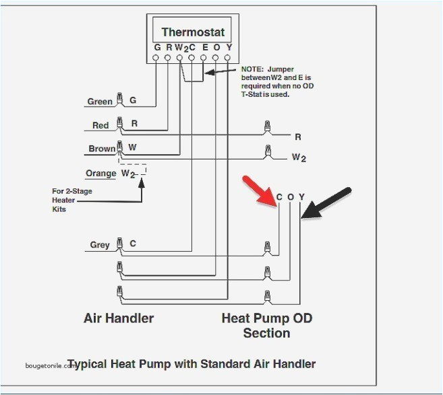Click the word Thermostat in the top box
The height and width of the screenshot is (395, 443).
[x=192, y=32]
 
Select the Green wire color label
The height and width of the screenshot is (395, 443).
[x=100, y=102]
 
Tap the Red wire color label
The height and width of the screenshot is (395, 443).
[x=100, y=126]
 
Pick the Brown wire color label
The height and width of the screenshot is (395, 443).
[x=101, y=149]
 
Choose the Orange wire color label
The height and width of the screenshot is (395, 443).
[x=100, y=174]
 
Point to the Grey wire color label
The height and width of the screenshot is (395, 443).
[x=99, y=245]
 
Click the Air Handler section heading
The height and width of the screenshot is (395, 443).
[x=119, y=318]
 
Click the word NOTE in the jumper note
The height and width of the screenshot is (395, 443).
[x=252, y=69]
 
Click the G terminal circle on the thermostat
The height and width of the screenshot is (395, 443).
[x=156, y=59]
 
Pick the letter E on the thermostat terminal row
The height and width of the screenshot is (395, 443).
[x=204, y=48]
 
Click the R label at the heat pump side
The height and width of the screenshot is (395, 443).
[x=297, y=137]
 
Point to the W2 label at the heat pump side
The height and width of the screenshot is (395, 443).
[x=298, y=158]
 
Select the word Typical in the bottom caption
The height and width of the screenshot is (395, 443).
[x=88, y=364]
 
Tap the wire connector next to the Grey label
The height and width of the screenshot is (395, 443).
[x=119, y=244]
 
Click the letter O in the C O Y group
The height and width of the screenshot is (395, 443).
[x=290, y=197]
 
